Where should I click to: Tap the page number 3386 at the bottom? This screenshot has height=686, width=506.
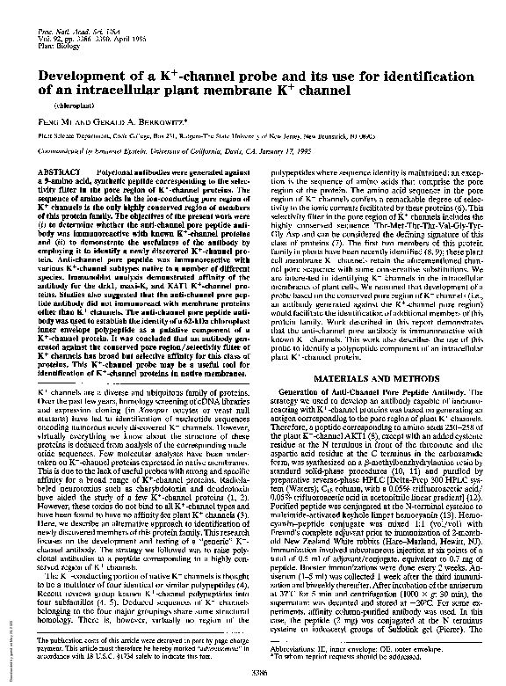(x=258, y=671)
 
